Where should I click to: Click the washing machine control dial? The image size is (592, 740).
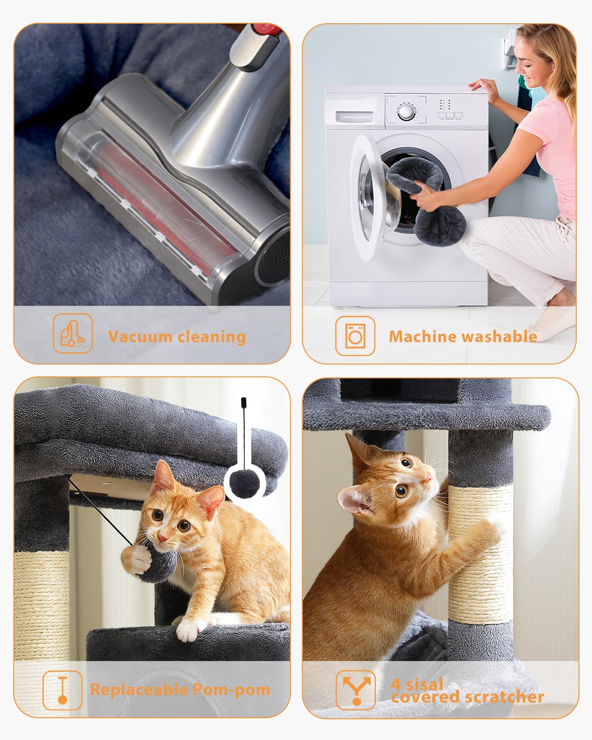[406, 111]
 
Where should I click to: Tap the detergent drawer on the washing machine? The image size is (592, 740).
[354, 116]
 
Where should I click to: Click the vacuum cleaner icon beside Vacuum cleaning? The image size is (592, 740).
[73, 334]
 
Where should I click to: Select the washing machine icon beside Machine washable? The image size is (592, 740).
[355, 335]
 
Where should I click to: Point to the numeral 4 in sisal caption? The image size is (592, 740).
[396, 684]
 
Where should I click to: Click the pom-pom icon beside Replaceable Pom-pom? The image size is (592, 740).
[62, 690]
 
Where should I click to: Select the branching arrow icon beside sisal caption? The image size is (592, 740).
[356, 689]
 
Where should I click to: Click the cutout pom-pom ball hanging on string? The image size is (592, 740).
[245, 483]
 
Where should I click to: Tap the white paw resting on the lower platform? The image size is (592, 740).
[188, 630]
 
